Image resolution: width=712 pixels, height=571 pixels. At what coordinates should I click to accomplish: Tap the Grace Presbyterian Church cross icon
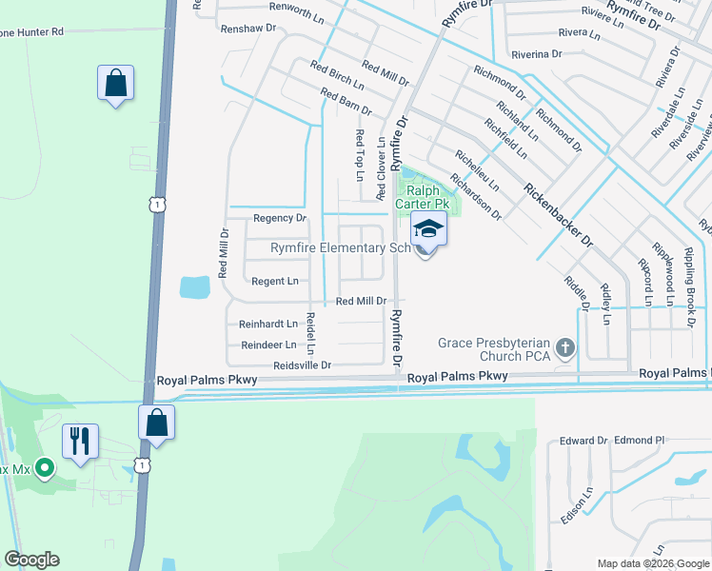tap(565, 348)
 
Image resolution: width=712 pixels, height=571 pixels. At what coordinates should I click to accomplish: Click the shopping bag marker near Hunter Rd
tap(115, 83)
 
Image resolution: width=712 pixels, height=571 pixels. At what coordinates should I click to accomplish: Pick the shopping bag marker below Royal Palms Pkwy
tap(156, 422)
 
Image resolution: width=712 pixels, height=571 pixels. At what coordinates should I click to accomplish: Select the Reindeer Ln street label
tap(268, 345)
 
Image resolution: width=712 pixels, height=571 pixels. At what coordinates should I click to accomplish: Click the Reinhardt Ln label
tap(268, 324)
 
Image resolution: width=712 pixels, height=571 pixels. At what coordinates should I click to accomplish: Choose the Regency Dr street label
tap(279, 218)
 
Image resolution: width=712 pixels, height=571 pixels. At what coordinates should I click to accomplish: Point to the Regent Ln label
tap(274, 281)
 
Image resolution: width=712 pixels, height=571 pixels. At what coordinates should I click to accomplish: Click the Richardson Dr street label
tap(476, 196)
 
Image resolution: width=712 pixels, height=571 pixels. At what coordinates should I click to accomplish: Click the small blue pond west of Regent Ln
tap(194, 285)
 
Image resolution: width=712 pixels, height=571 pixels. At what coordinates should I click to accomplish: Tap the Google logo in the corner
tap(31, 560)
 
